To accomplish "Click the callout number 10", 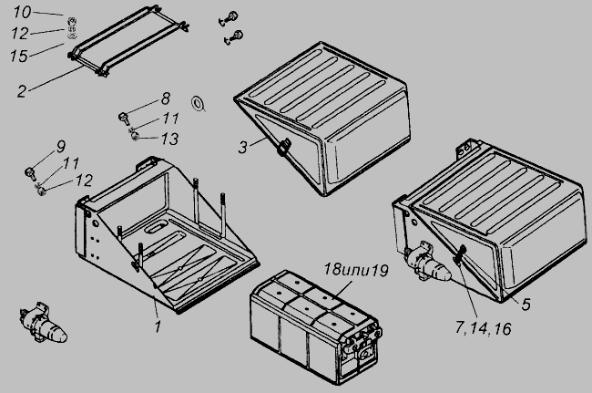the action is [22, 12].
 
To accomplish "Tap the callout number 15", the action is [19, 56].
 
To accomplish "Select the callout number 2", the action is [22, 91].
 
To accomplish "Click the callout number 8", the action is [166, 98].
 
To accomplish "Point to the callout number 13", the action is [169, 140].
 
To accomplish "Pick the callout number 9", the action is [61, 147].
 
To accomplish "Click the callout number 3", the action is [243, 147].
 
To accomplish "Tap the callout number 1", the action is [158, 326].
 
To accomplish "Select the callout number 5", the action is [526, 305].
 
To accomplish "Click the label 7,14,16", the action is [484, 328].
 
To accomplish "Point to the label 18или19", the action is [356, 270].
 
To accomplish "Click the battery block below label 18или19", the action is [316, 327].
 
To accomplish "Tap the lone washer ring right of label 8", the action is [198, 103].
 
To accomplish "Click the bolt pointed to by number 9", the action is [29, 172].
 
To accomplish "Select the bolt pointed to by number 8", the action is [124, 118].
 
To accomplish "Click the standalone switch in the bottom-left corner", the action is [43, 324].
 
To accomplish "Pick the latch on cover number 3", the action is [283, 147].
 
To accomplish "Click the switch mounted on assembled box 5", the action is [426, 263].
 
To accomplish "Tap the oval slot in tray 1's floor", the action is [155, 227].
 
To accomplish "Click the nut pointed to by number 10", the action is [71, 20].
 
